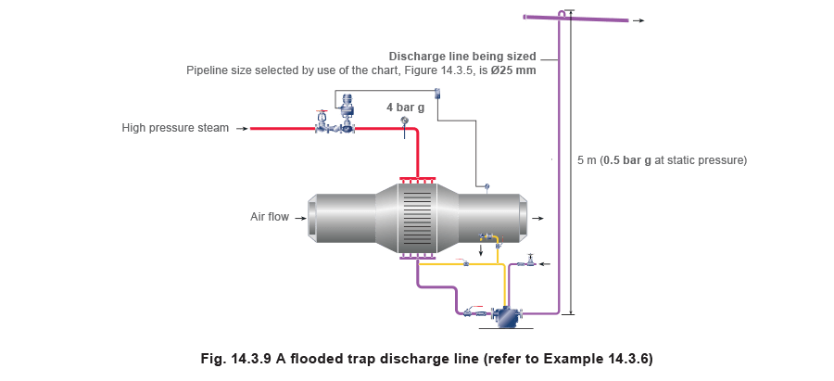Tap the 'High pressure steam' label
(x=175, y=128)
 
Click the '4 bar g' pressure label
(x=405, y=108)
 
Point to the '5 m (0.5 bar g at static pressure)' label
(x=663, y=160)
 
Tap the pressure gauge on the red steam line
(x=404, y=121)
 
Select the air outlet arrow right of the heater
(x=537, y=217)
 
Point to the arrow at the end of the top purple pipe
(x=638, y=19)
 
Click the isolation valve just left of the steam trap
(x=473, y=312)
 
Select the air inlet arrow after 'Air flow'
(x=299, y=217)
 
